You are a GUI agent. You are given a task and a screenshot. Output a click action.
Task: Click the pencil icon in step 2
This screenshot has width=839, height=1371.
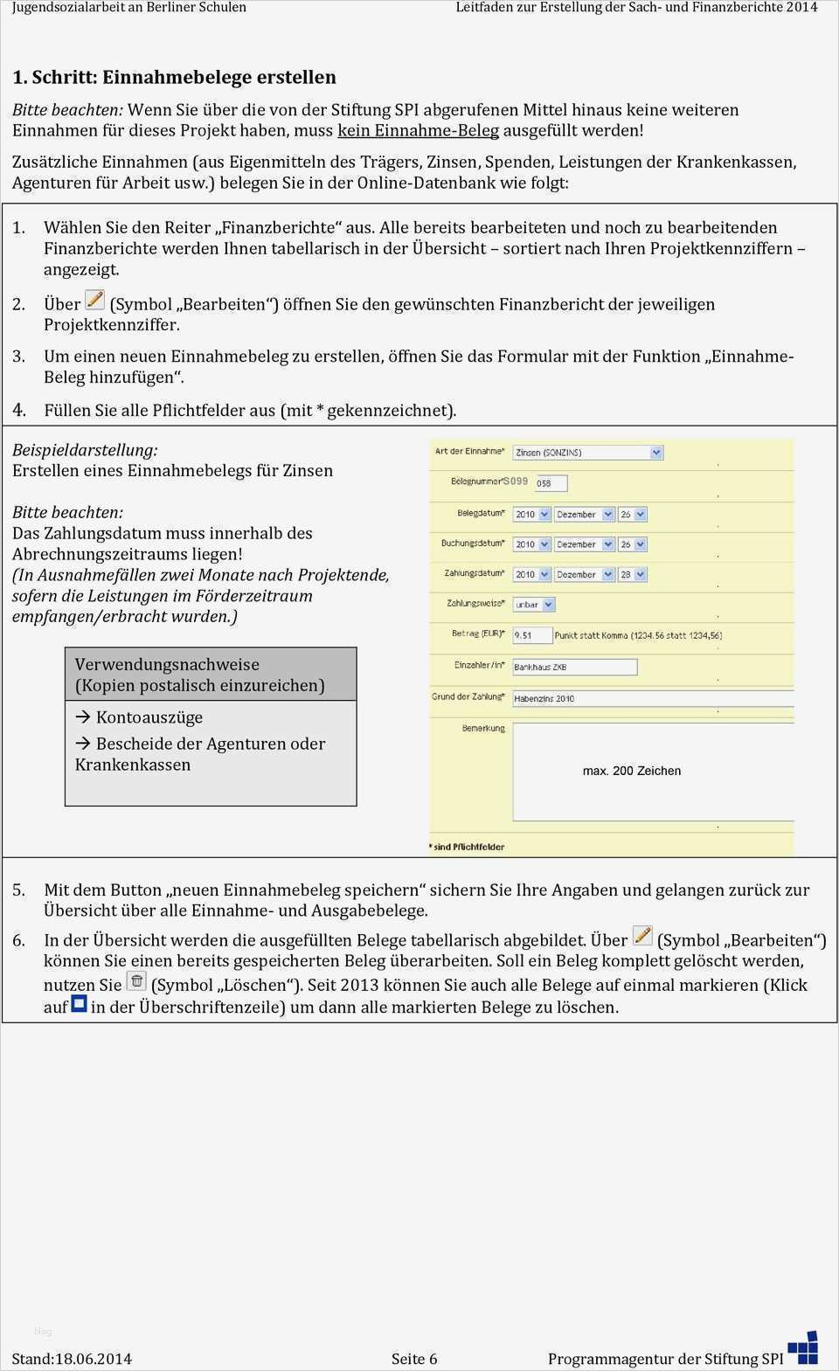tap(94, 301)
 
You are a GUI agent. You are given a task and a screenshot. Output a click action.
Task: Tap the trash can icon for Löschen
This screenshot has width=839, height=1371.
tap(136, 980)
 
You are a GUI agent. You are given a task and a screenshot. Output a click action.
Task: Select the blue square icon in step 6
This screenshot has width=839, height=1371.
tap(79, 1003)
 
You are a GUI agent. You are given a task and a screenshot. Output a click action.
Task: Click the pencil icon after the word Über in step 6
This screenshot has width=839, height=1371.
tap(642, 936)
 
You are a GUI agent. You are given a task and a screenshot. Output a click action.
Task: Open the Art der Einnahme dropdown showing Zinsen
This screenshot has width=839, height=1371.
tap(587, 453)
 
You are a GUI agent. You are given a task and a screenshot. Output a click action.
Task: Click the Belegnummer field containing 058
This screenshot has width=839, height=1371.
tap(551, 483)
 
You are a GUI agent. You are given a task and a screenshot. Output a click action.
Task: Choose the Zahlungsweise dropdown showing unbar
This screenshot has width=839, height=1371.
tap(534, 605)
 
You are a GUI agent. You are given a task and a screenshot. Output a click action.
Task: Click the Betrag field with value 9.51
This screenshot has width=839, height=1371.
tap(532, 635)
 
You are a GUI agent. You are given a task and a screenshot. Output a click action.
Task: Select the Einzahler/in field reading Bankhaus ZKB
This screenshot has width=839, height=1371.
tap(574, 667)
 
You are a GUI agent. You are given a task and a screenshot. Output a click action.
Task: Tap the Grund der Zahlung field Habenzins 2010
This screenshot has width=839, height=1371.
tap(652, 698)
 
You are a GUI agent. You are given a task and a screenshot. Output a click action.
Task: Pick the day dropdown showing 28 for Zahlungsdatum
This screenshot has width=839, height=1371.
tap(632, 574)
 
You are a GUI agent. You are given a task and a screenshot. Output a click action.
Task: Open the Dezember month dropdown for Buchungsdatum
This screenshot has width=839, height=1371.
tap(584, 544)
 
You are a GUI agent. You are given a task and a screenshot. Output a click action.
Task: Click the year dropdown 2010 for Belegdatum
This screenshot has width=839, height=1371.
tap(531, 515)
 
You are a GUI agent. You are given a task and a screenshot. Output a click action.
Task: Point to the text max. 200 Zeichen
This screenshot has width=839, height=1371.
tap(632, 771)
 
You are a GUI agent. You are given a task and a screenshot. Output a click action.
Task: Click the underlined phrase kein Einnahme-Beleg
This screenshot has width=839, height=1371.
tap(418, 131)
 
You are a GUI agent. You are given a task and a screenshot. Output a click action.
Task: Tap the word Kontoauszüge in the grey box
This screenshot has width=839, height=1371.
tap(149, 717)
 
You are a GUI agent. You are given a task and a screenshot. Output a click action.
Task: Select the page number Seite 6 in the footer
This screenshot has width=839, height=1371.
tap(414, 1359)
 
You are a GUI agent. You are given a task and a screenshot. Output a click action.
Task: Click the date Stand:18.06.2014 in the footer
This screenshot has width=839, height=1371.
tap(72, 1359)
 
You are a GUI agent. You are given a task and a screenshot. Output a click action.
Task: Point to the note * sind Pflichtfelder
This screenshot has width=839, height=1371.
tap(468, 847)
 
